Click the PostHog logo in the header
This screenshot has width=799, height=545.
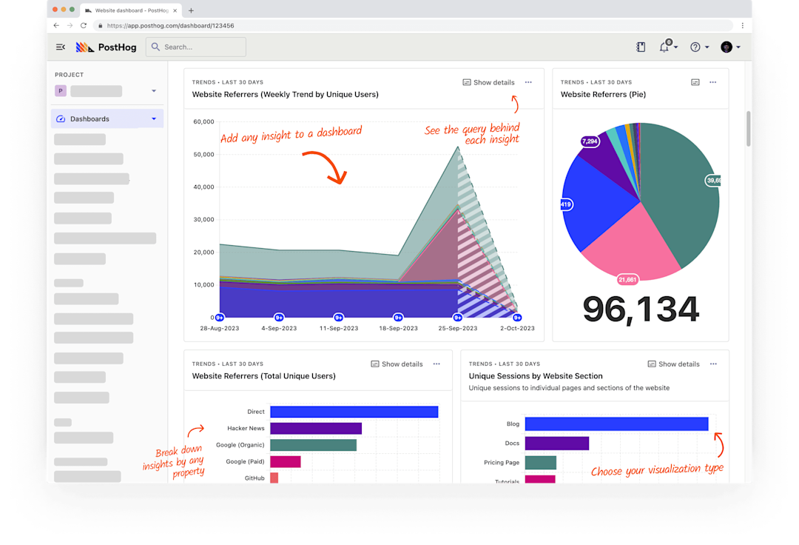95,47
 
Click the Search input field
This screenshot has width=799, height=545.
196,47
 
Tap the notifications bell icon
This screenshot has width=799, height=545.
664,47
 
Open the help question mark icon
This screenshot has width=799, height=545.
695,47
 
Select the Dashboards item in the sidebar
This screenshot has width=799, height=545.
90,118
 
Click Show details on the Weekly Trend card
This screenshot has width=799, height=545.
488,82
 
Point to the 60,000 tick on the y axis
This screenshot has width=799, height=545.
203,121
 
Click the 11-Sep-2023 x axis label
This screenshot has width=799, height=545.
339,328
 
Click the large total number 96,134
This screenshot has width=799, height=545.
641,310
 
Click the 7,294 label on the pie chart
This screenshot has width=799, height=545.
590,141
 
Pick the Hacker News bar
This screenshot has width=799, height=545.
316,428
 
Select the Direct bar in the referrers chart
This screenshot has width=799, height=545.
354,412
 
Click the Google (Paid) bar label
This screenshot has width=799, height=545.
246,461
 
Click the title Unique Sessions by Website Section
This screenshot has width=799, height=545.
536,376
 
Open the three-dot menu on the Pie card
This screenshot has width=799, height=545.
712,82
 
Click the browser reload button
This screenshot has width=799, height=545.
84,25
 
